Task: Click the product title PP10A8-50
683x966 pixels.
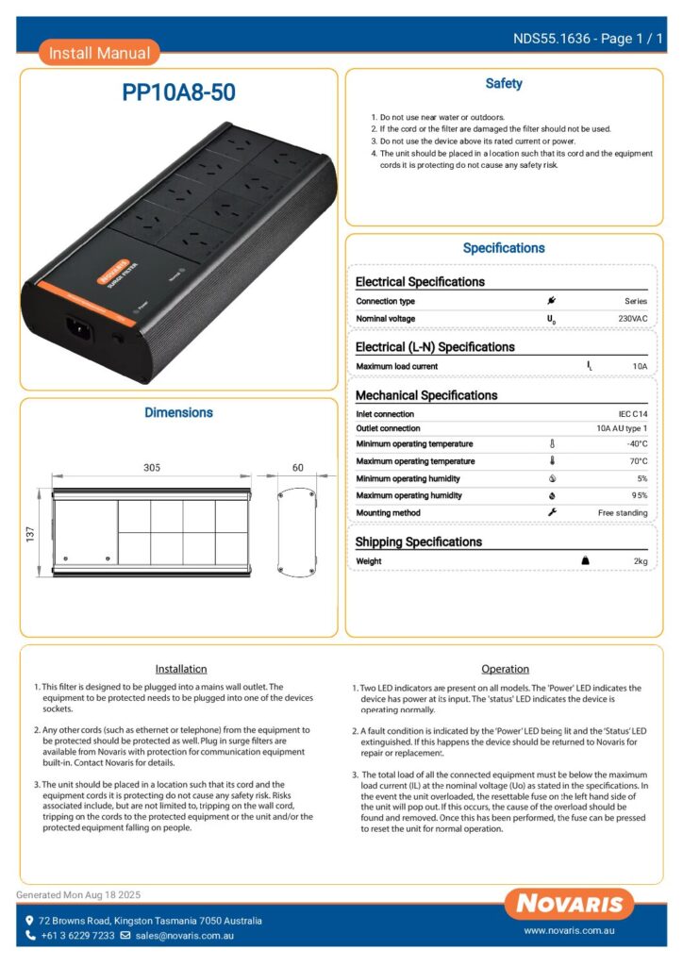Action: [178, 92]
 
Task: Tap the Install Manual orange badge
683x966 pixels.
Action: [99, 53]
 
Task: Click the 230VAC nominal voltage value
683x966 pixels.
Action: [631, 319]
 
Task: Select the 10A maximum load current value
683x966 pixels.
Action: [640, 366]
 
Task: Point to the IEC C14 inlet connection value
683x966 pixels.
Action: [627, 414]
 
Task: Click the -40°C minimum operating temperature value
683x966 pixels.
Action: [636, 443]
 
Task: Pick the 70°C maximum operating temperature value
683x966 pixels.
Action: [638, 461]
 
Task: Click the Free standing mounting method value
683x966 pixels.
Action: [623, 512]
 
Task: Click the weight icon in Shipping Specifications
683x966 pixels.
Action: [585, 561]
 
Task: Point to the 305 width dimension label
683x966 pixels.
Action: [151, 467]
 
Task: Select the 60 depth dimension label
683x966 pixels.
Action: [298, 467]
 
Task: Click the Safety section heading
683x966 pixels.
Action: [504, 84]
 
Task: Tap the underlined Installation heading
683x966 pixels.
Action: [180, 669]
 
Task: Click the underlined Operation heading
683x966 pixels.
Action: [505, 669]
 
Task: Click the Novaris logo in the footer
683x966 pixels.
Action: [568, 904]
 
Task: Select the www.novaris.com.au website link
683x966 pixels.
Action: [570, 931]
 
